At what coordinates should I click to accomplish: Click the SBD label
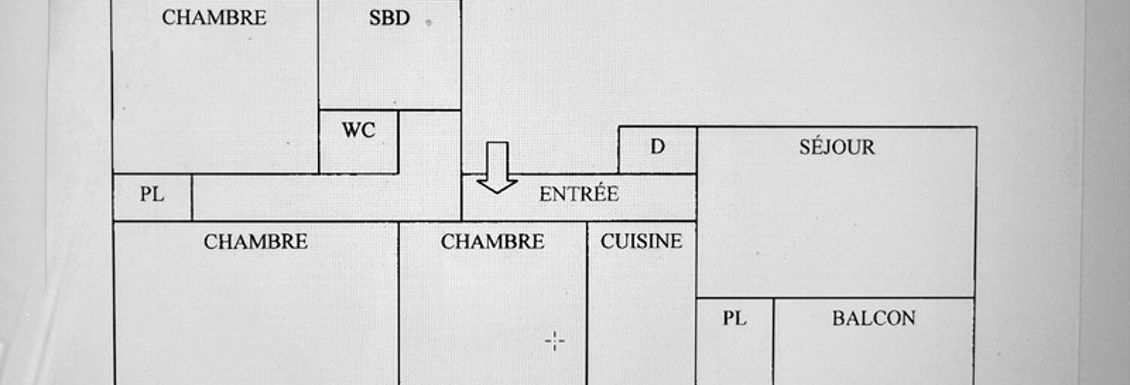(x=389, y=18)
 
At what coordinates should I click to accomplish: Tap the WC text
(x=358, y=130)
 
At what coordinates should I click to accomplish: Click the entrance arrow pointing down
(x=497, y=168)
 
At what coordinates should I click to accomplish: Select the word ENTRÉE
(x=579, y=194)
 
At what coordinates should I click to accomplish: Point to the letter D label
(x=657, y=147)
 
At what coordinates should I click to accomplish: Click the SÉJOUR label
(x=837, y=147)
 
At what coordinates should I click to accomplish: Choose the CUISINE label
(x=641, y=241)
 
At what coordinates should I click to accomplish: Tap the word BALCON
(x=874, y=318)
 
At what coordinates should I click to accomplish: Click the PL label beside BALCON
(x=735, y=318)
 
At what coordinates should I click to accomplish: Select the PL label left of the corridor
(x=152, y=194)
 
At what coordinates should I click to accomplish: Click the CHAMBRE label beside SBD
(x=214, y=17)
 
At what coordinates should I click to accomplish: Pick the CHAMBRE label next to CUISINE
(x=492, y=241)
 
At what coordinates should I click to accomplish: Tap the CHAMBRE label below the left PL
(x=255, y=241)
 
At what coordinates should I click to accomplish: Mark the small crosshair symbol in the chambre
(x=555, y=341)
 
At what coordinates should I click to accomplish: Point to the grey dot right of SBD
(x=429, y=23)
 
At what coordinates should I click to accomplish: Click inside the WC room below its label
(x=358, y=156)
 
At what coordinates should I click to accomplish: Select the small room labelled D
(x=658, y=150)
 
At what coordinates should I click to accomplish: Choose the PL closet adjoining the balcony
(x=735, y=341)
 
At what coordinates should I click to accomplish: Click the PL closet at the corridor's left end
(x=153, y=197)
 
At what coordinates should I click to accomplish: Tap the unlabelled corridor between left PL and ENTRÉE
(x=326, y=197)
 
